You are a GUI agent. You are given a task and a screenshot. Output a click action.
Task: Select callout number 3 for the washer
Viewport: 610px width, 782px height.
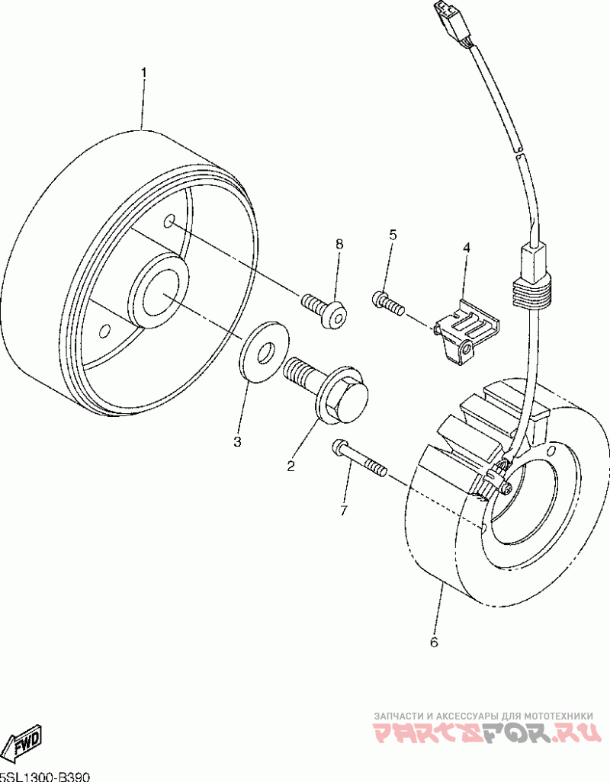237,441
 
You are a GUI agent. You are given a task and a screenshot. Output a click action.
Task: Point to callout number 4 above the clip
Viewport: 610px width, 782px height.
466,248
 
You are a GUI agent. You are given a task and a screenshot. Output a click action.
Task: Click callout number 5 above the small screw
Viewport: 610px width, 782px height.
393,234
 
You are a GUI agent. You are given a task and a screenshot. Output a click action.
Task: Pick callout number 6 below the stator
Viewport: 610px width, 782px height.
434,642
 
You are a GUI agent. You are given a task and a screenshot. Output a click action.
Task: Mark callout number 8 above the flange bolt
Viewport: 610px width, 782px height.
339,244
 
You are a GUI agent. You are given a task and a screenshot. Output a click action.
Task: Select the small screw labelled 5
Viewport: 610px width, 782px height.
387,303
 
